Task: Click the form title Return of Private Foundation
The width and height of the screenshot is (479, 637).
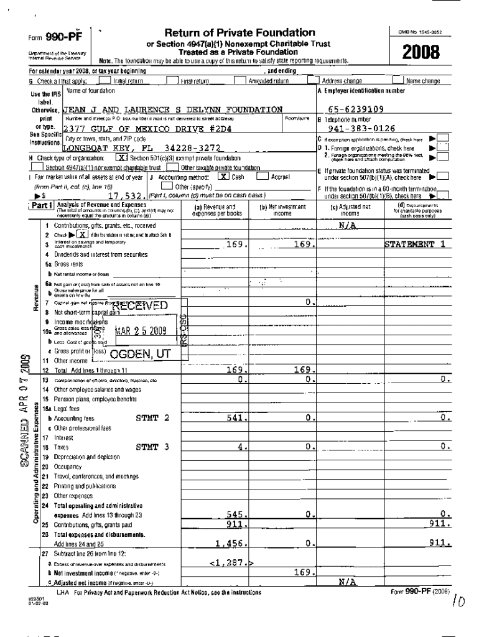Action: click(240, 33)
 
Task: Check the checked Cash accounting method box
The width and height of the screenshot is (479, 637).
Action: click(222, 177)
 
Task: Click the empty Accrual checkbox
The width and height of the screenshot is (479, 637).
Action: click(262, 177)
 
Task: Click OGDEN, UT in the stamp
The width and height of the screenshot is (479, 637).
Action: click(139, 355)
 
